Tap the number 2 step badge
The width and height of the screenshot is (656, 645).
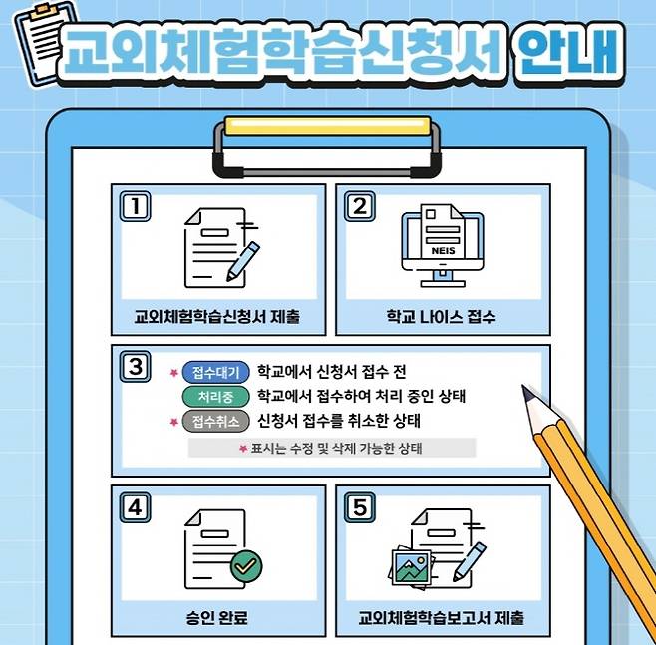click(x=358, y=206)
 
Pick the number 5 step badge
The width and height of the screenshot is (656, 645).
click(x=358, y=506)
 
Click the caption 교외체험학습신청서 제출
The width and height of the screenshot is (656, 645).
click(x=216, y=318)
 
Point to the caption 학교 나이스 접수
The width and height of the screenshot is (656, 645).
click(x=441, y=318)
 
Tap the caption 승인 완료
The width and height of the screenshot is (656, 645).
click(x=216, y=617)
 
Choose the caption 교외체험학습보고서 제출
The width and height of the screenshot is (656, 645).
click(x=441, y=617)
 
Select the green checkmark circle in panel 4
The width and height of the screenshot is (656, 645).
click(x=246, y=566)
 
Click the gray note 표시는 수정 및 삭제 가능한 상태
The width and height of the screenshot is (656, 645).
click(x=332, y=449)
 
